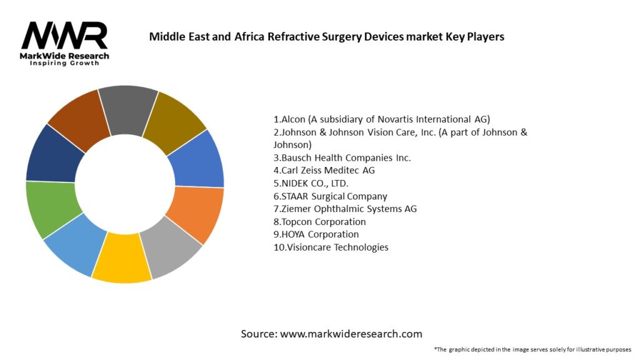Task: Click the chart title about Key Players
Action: pos(326,36)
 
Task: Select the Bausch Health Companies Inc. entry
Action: pos(342,157)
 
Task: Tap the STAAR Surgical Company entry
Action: pos(330,196)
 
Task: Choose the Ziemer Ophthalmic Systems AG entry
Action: pos(345,209)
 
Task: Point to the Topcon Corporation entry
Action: pos(319,222)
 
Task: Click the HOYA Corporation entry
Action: pos(316,234)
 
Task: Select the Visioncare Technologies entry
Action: pos(331,247)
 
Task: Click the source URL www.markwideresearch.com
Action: pos(351,334)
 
